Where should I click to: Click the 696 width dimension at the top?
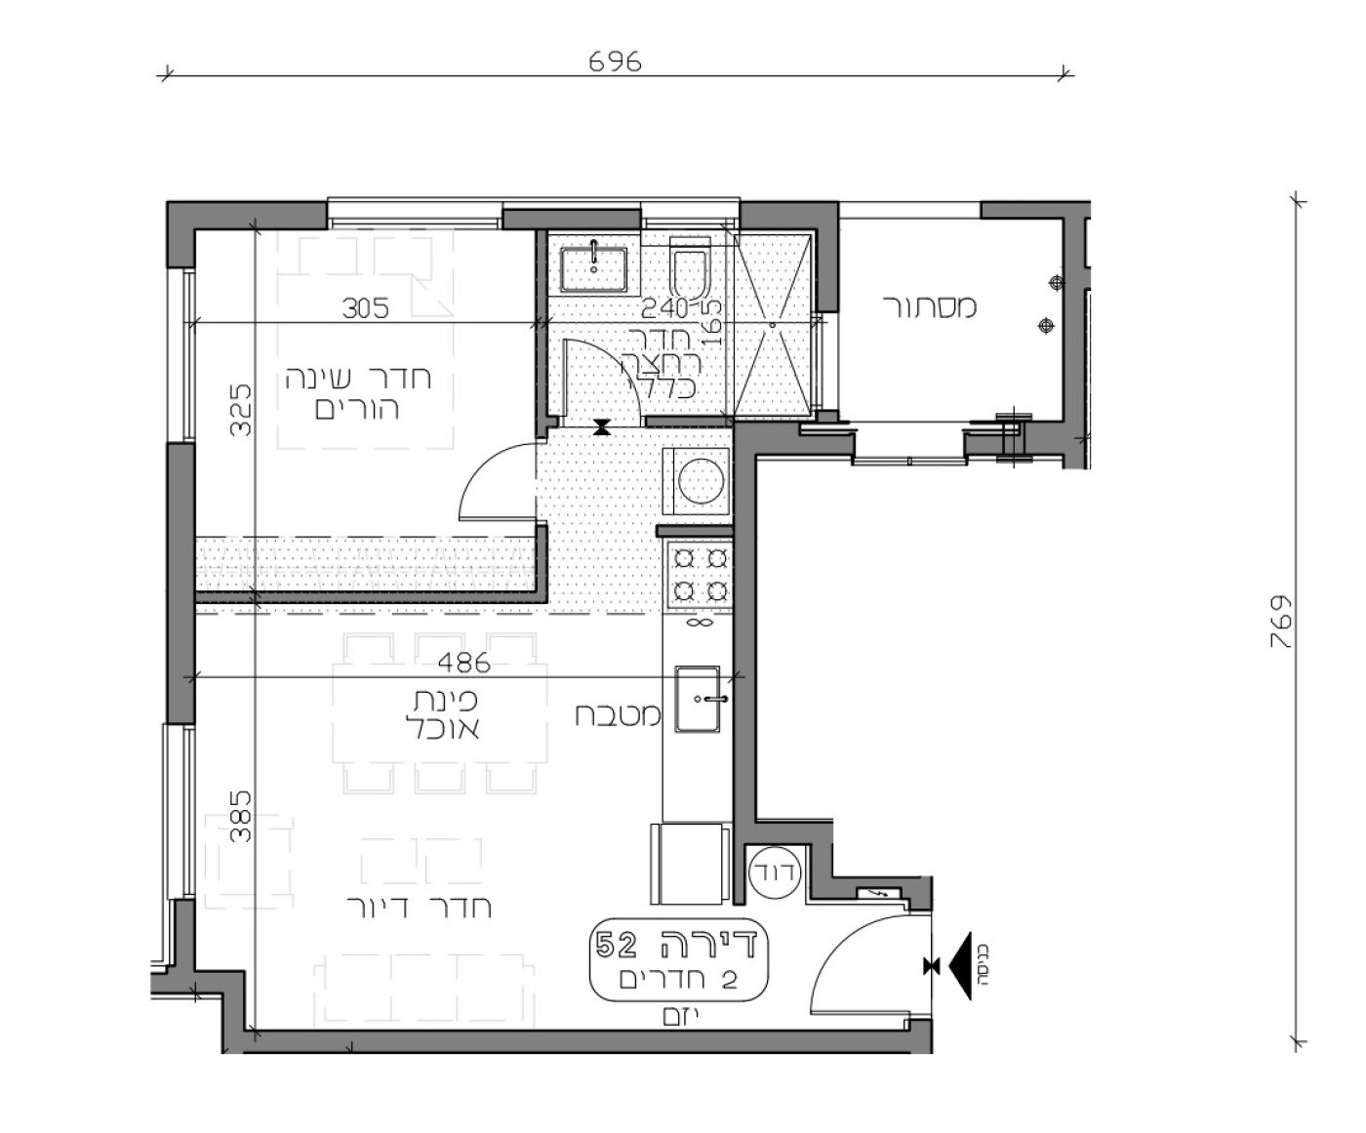point(616,61)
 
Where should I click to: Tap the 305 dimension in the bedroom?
point(366,308)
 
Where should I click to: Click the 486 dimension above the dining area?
point(463,663)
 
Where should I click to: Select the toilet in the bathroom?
point(691,271)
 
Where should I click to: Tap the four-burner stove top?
point(700,575)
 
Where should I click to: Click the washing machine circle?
point(699,481)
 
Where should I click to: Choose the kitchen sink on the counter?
point(699,699)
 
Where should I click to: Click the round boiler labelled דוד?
point(774,870)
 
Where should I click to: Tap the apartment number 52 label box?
point(680,958)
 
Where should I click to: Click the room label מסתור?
point(930,306)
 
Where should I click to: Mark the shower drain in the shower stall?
point(773,322)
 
